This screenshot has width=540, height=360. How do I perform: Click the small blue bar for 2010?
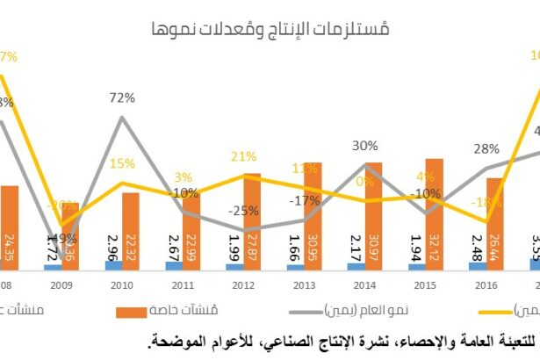(114, 264)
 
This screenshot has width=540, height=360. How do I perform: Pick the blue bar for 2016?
(478, 265)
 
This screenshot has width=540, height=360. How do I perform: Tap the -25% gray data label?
(237, 211)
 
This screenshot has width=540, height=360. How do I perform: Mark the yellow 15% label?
(122, 163)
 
